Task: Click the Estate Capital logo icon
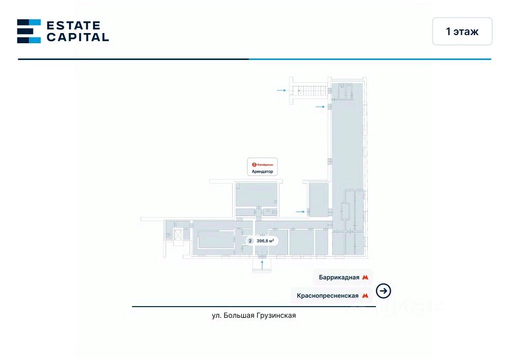coord(29,31)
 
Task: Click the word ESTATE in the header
coord(73,25)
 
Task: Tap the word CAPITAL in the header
coord(77,37)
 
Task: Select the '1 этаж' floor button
coord(462,32)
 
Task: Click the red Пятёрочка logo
coord(255,164)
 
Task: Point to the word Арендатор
coord(263,172)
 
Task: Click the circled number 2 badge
coord(249,241)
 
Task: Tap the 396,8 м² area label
coord(266,241)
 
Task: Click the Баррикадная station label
coord(339,278)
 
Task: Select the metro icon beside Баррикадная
coord(365,278)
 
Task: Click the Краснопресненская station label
coord(327,295)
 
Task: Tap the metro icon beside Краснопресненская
coord(365,295)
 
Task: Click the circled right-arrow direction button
coord(384,291)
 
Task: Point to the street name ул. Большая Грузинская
coord(254,315)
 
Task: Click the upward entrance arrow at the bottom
coord(262,264)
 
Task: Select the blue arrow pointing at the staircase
coord(281,90)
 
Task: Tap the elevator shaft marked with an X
coord(177,234)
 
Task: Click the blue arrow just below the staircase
coord(320,107)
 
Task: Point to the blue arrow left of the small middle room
coord(300,211)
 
